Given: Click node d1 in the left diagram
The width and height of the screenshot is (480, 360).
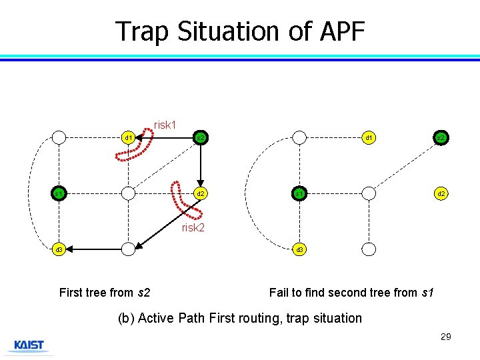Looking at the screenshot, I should tap(129, 138).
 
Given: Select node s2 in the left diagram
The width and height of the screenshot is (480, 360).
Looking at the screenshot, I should tap(199, 138).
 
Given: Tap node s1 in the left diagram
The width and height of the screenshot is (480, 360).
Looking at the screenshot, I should tap(59, 194).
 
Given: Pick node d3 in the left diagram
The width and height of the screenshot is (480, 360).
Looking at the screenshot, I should tap(59, 249).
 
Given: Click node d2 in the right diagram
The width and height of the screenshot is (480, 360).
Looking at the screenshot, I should tap(441, 194).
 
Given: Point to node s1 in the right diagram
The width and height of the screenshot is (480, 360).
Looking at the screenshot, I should tap(300, 194).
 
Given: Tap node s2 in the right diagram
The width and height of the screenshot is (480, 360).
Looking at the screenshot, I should tap(441, 138).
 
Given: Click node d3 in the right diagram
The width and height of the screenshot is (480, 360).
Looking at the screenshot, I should tap(300, 249).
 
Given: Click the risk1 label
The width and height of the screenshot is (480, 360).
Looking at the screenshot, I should tap(165, 125).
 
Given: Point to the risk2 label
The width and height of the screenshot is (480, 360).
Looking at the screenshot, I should tap(193, 228).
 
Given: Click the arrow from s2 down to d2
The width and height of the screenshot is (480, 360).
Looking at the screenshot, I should tap(200, 167).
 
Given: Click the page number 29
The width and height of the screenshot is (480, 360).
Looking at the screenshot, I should tap(446, 337).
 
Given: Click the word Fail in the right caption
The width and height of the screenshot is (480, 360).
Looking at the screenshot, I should tap(280, 292).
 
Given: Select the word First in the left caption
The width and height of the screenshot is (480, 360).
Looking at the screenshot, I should tap(71, 292).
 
